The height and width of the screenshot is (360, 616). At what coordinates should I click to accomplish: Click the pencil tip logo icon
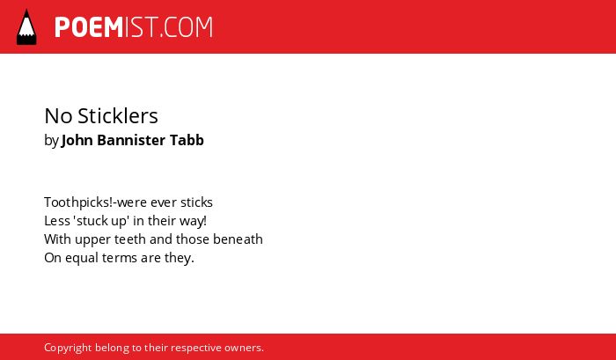(26, 26)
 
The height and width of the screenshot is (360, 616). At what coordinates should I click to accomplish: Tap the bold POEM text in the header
(89, 27)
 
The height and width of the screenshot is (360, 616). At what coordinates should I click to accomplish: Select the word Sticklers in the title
(118, 116)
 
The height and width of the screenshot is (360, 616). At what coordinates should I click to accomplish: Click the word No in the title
(58, 116)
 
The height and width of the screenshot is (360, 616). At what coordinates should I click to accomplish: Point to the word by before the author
(51, 141)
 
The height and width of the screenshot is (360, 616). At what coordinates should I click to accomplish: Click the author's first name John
(77, 140)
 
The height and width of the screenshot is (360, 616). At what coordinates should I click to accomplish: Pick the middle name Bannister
(131, 140)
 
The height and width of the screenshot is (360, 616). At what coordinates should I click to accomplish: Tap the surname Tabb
(187, 140)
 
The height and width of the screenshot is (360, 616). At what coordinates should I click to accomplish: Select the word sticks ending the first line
(196, 202)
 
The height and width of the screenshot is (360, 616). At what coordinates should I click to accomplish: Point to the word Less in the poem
(57, 221)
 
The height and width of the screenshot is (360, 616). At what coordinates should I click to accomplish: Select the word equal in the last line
(82, 259)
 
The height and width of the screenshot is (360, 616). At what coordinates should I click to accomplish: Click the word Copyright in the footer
(68, 349)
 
